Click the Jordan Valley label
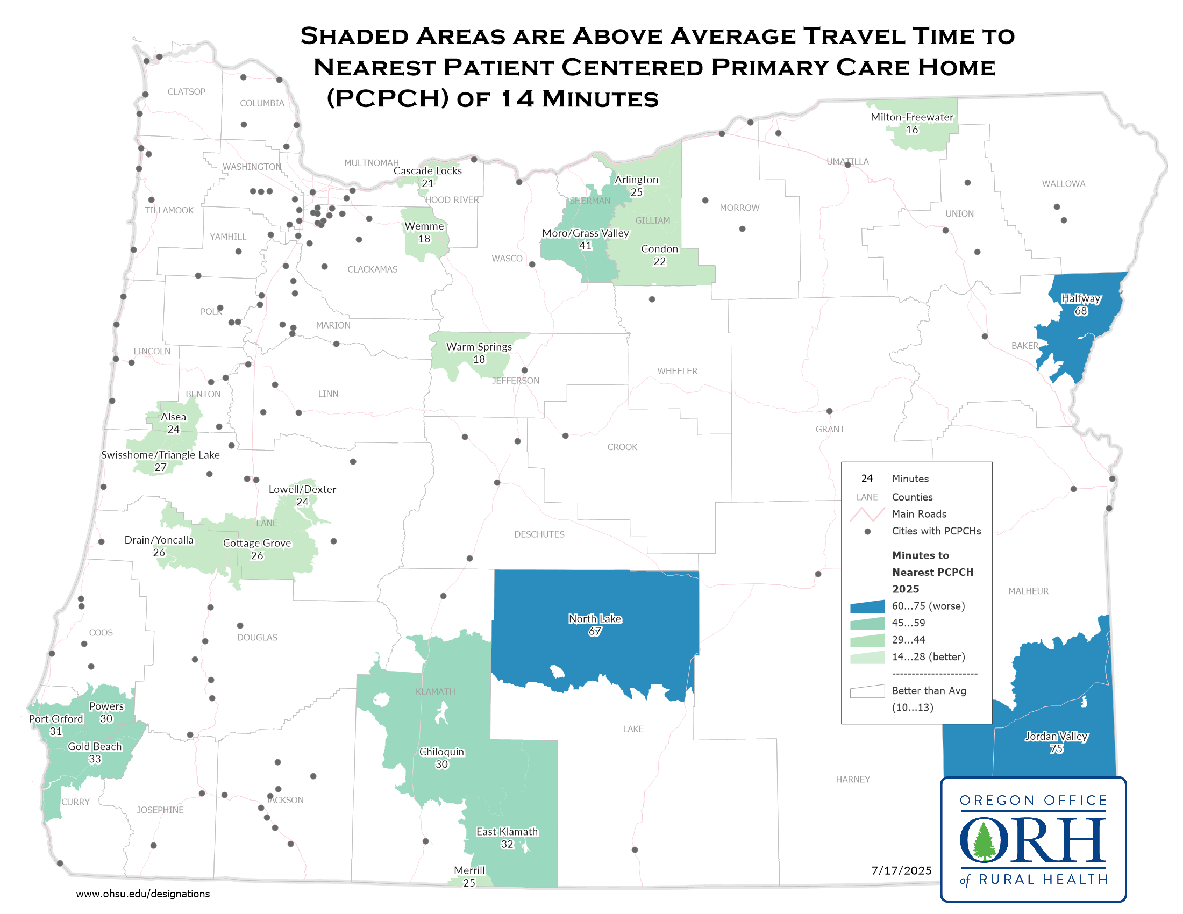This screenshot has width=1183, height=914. (x=1056, y=737)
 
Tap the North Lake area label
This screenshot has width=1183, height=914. (x=595, y=619)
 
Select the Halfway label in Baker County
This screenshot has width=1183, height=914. (x=1081, y=298)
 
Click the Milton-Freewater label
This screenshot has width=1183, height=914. (x=911, y=118)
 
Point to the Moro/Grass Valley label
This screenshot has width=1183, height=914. (x=586, y=233)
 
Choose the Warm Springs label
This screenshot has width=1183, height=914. (x=479, y=347)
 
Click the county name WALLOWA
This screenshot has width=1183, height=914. (x=1063, y=184)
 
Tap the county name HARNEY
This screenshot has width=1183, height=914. (x=853, y=780)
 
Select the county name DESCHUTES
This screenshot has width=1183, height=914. (x=539, y=534)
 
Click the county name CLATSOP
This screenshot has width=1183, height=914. (x=187, y=92)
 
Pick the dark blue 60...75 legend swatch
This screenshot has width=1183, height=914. (x=867, y=606)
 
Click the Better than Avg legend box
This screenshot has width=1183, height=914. (x=867, y=691)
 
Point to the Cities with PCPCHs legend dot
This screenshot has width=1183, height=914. (x=867, y=532)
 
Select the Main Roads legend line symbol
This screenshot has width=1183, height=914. (x=867, y=515)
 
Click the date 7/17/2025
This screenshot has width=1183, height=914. (x=901, y=870)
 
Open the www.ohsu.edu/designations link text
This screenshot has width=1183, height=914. (x=142, y=894)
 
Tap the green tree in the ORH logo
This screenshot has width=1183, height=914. (x=984, y=841)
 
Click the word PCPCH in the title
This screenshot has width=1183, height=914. (x=388, y=98)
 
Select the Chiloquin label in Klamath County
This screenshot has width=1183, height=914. (x=441, y=752)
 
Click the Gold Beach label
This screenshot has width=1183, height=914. (x=95, y=747)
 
